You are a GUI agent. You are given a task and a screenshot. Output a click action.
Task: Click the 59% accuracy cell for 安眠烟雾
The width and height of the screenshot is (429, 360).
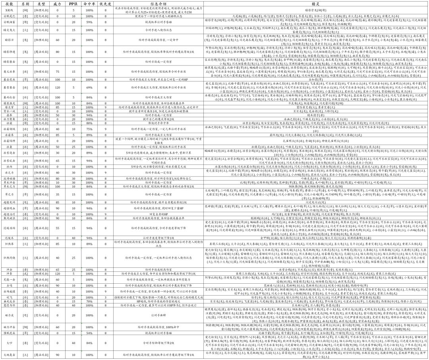click(x=89, y=23)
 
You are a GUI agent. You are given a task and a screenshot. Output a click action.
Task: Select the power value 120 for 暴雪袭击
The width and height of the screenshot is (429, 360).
click(x=57, y=87)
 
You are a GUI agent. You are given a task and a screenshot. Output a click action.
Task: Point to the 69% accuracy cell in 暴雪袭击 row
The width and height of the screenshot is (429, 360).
click(x=89, y=87)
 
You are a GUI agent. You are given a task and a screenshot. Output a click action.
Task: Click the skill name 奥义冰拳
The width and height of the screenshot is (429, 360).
click(x=10, y=72)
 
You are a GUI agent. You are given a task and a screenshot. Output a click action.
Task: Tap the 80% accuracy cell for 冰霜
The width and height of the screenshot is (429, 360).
click(x=89, y=123)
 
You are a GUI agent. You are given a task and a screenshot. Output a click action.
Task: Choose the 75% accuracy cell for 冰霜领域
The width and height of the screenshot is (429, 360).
click(x=89, y=129)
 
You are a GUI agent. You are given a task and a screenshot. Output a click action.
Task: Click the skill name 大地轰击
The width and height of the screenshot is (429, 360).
click(x=10, y=354)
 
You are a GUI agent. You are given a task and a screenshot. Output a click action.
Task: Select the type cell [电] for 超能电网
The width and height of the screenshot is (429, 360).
click(x=25, y=202)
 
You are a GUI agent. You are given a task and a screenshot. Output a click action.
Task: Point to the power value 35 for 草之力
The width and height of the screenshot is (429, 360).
click(x=57, y=195)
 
